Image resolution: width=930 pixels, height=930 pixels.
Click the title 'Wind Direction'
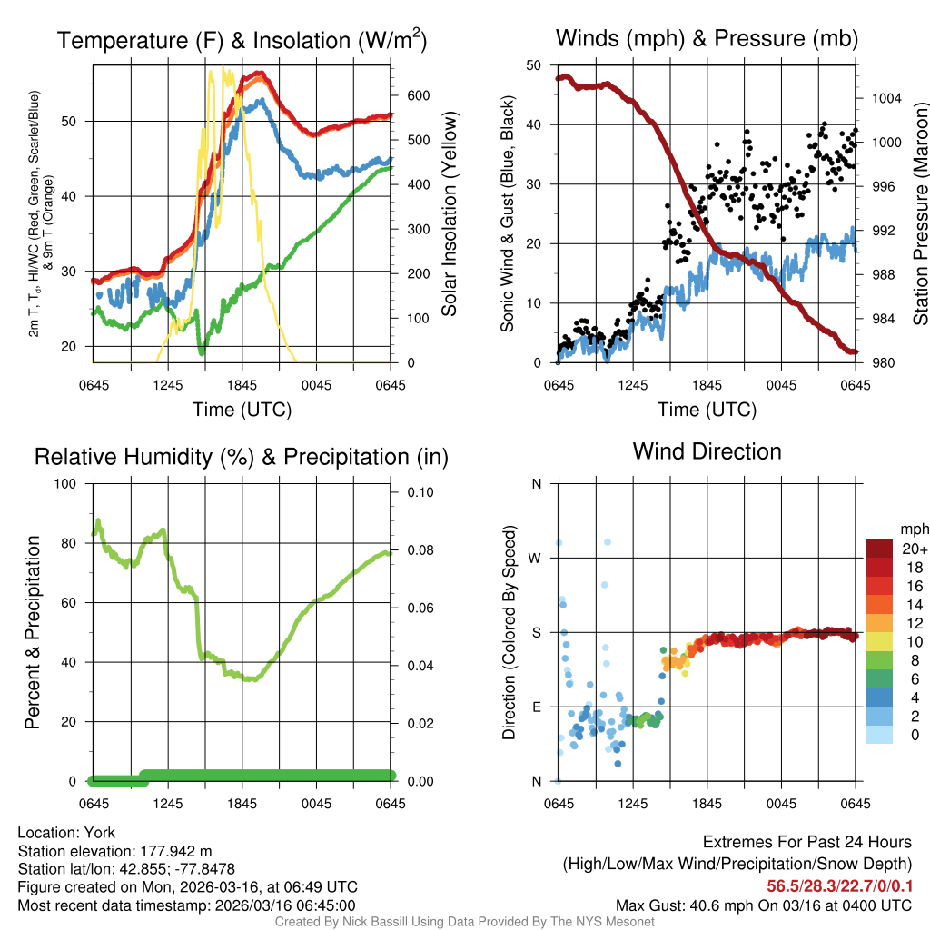(x=707, y=451)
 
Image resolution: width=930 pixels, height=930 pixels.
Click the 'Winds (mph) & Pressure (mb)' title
(x=707, y=38)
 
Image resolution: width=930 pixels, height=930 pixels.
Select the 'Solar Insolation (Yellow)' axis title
(x=449, y=214)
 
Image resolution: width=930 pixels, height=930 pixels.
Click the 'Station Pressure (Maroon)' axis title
(x=919, y=214)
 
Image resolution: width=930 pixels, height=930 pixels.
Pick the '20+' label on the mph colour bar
(x=915, y=549)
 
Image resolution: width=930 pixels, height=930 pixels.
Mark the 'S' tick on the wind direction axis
(x=537, y=632)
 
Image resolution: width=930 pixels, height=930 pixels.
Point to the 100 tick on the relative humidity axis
(x=67, y=483)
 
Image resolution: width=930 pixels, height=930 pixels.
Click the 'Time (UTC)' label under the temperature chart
(x=242, y=410)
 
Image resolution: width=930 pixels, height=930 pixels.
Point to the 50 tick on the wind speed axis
(x=534, y=65)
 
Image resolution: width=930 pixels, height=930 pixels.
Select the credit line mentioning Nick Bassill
(x=464, y=922)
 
